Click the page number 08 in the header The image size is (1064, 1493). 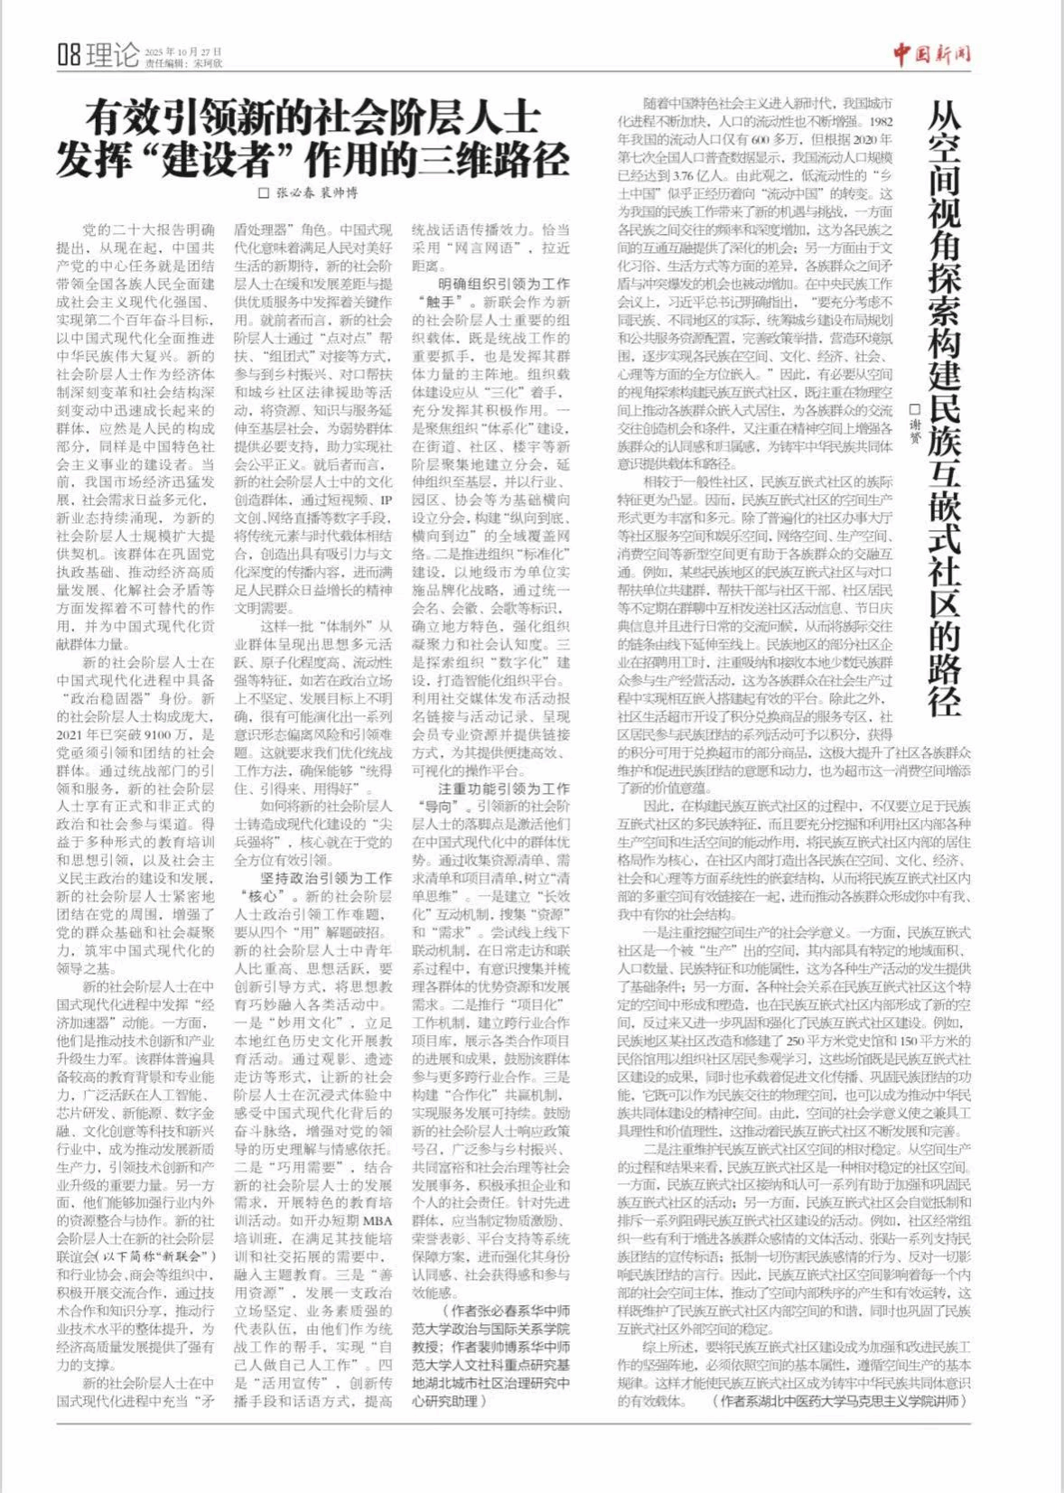[x=69, y=56]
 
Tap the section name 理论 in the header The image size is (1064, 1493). [x=113, y=56]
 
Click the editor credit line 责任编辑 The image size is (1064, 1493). [x=182, y=63]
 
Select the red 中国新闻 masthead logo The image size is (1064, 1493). [x=932, y=54]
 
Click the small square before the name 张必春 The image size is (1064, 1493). [x=265, y=192]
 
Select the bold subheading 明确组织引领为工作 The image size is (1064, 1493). [x=503, y=284]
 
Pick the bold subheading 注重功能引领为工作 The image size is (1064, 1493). [x=503, y=788]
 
